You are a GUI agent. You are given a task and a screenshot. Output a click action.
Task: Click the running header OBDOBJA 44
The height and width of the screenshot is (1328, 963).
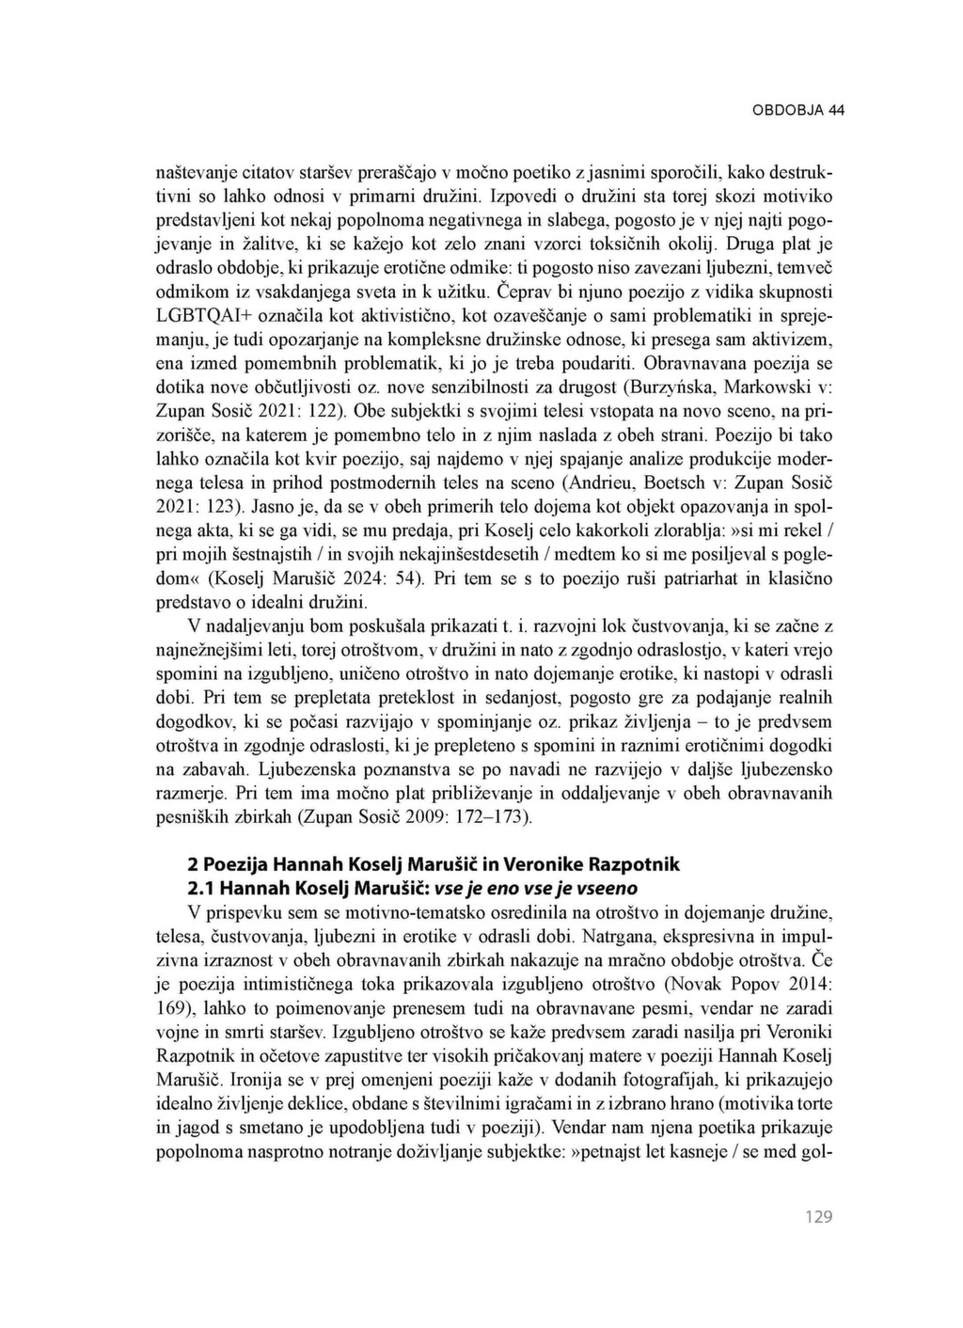pos(797,110)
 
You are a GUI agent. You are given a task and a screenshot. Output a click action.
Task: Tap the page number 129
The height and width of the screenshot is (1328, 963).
pos(818,1217)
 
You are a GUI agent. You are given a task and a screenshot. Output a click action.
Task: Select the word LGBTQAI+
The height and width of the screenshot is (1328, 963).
pos(197,313)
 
